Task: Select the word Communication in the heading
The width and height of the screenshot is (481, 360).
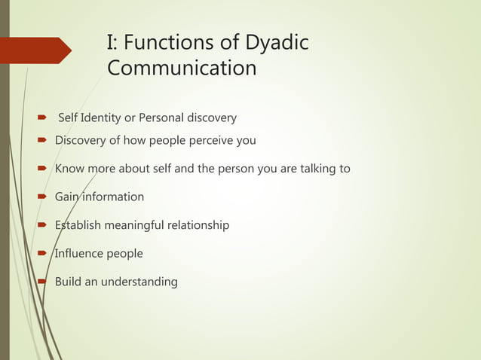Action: (182, 69)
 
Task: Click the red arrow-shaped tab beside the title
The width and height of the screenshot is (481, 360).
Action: (35, 50)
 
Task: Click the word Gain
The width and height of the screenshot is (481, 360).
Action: (68, 197)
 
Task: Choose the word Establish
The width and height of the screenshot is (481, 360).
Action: (79, 225)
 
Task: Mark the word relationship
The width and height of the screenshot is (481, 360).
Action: (204, 225)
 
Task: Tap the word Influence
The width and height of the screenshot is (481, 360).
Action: (79, 253)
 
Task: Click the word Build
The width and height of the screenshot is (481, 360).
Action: (69, 282)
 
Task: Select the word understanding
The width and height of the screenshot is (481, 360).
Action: (140, 282)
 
